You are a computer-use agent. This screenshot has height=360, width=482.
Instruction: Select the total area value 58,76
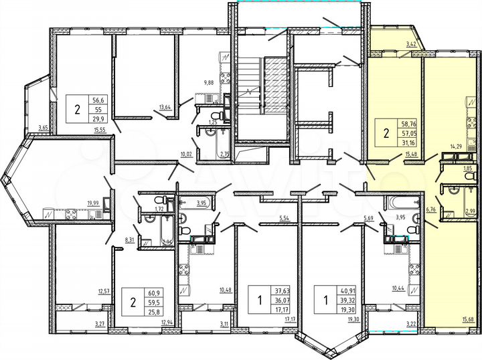[x=408, y=124]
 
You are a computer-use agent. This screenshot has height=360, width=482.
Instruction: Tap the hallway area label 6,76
[x=430, y=209]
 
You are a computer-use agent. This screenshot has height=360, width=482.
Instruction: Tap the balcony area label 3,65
[x=43, y=127]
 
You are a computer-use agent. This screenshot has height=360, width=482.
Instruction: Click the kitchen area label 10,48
[x=226, y=290]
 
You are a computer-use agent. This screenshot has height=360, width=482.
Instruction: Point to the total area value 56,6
[x=98, y=97]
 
